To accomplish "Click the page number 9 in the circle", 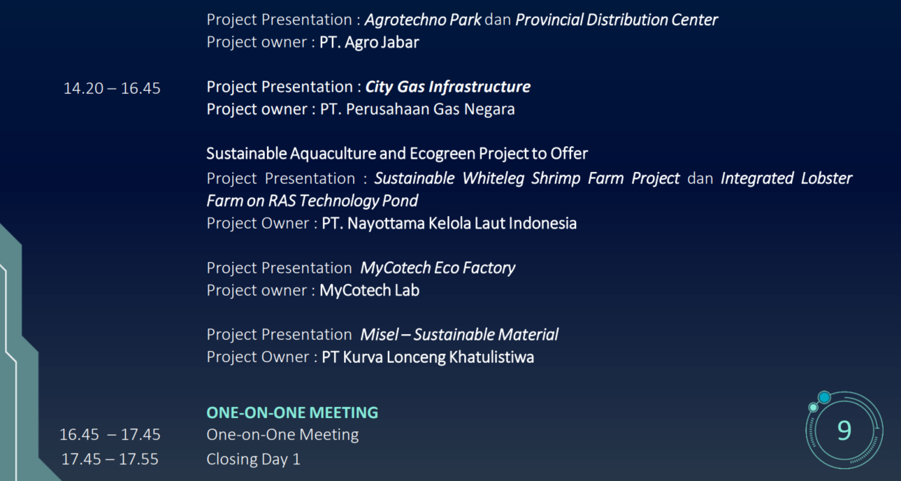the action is tap(844, 431).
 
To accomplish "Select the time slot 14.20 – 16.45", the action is tap(112, 88).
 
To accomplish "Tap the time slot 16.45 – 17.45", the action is tap(110, 434).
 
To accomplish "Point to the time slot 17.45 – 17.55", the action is tap(110, 459).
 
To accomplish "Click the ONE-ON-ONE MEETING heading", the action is tap(292, 412).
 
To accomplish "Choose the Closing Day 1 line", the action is tap(254, 459).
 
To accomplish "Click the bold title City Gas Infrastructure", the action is tap(447, 87).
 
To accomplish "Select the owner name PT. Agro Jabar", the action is tap(369, 42).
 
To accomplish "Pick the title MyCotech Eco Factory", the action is tap(438, 268).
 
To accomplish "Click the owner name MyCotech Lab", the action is tap(369, 290).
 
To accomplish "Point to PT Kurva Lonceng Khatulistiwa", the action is tap(428, 357).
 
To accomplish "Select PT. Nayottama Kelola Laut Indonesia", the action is tap(449, 223).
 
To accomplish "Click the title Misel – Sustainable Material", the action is tap(459, 335).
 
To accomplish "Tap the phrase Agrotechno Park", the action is tap(423, 20).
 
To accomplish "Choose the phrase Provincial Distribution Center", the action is tap(617, 20).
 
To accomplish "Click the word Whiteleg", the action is tap(493, 178).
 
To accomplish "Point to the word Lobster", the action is tap(827, 178).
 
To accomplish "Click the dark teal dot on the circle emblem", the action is tap(825, 397).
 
